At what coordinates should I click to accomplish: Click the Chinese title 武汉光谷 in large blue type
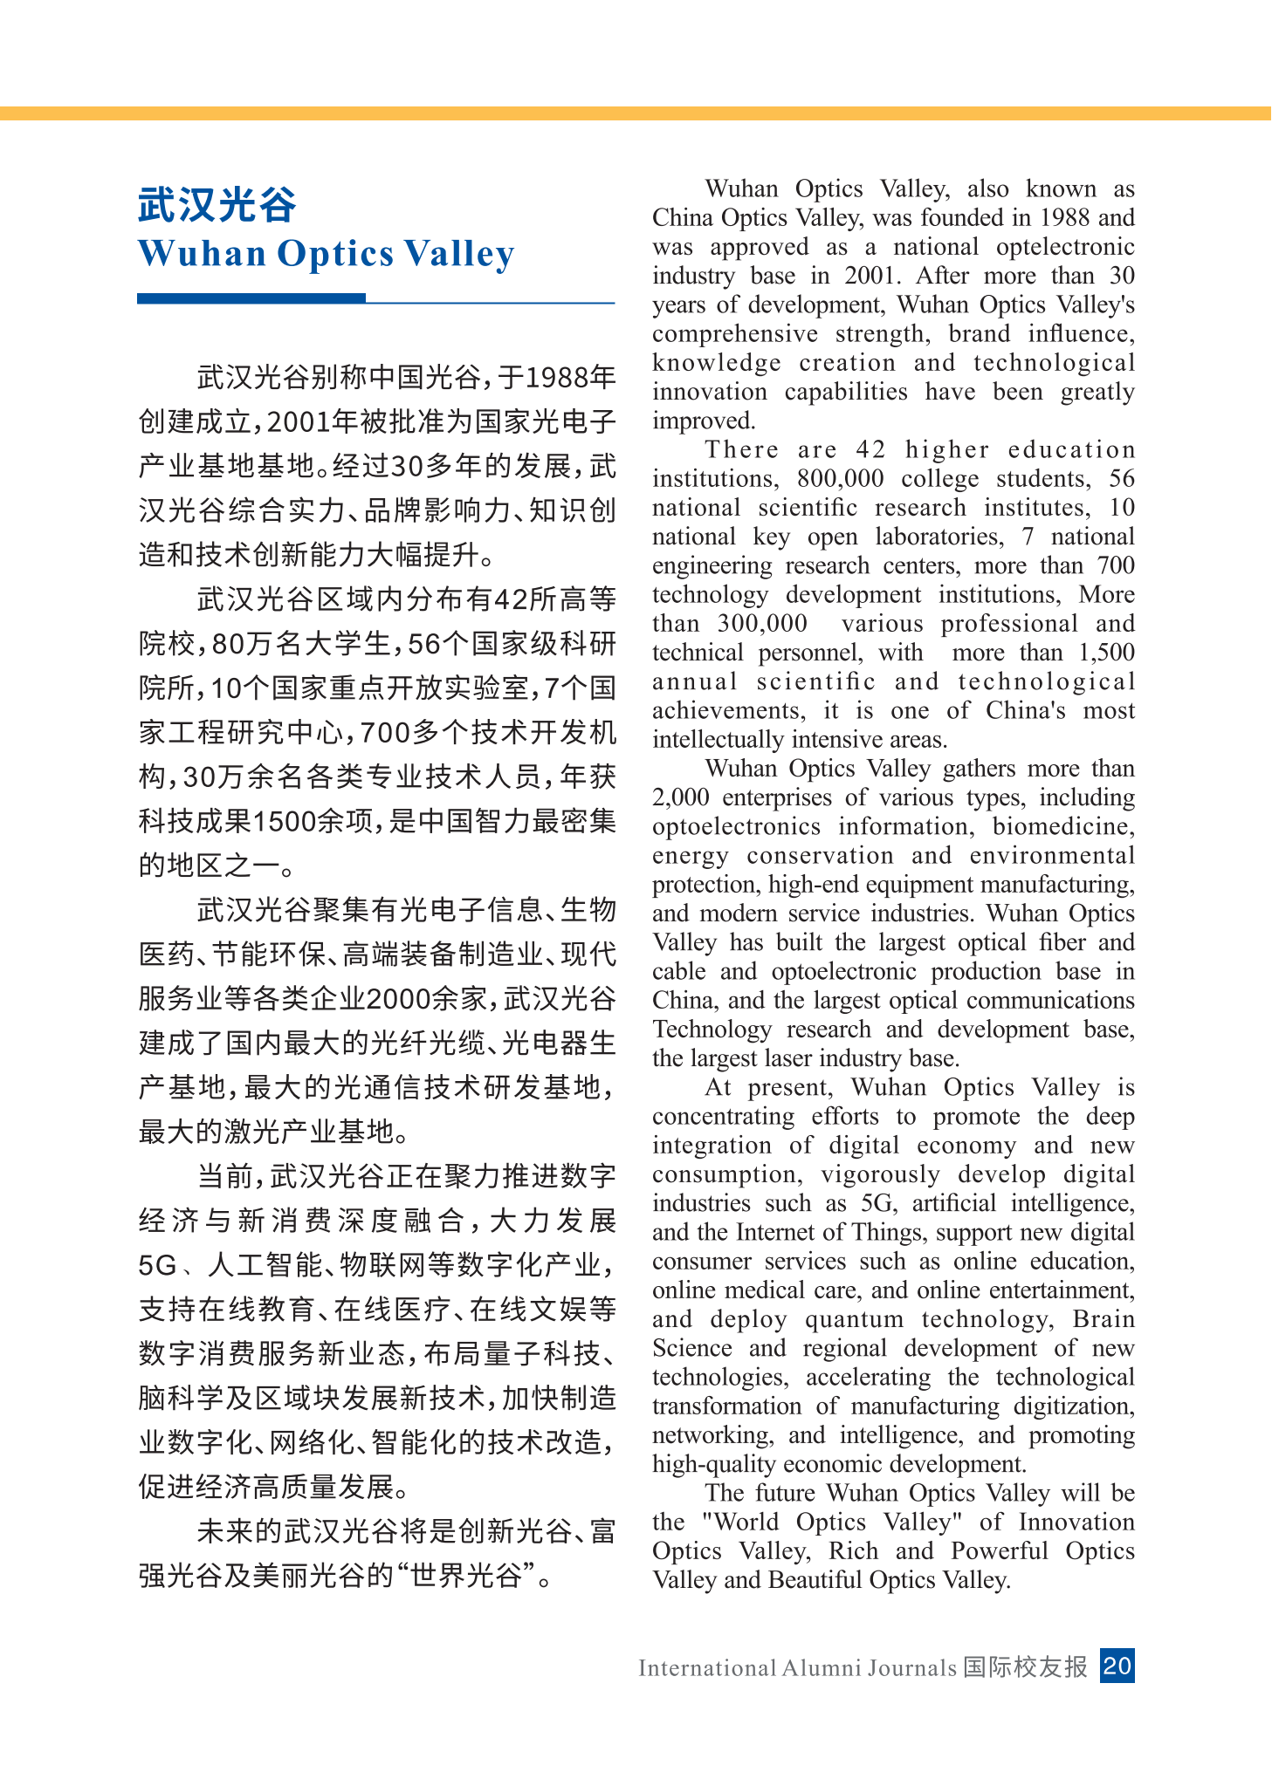[217, 205]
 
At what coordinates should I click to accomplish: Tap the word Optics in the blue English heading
[335, 254]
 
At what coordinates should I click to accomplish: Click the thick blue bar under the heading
[251, 298]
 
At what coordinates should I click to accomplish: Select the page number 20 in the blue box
[1117, 1666]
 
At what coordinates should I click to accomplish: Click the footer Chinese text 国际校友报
[1026, 1666]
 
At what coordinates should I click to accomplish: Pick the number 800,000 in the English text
[840, 479]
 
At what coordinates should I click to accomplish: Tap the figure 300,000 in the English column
[762, 624]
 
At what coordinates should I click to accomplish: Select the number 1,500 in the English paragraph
[1106, 653]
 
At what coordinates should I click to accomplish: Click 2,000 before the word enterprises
[681, 797]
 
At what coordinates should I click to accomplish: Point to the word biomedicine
[1063, 826]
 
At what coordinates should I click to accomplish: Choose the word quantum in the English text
[854, 1319]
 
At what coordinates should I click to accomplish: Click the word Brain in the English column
[1104, 1319]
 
